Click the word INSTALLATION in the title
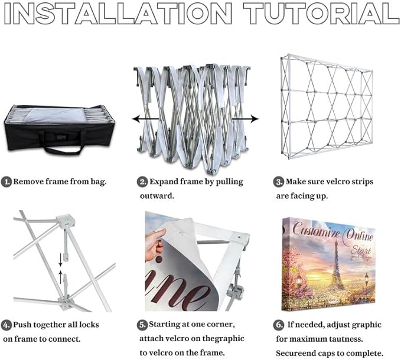point(118,13)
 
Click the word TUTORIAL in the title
point(321,13)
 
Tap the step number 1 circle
point(6,182)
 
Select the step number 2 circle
point(142,182)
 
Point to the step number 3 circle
point(279,182)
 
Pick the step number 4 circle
point(6,325)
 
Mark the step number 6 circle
point(279,325)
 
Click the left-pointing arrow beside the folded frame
point(145,119)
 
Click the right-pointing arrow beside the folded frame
point(245,119)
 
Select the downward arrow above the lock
point(61,260)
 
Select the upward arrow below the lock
point(61,277)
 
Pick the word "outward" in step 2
point(157,196)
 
